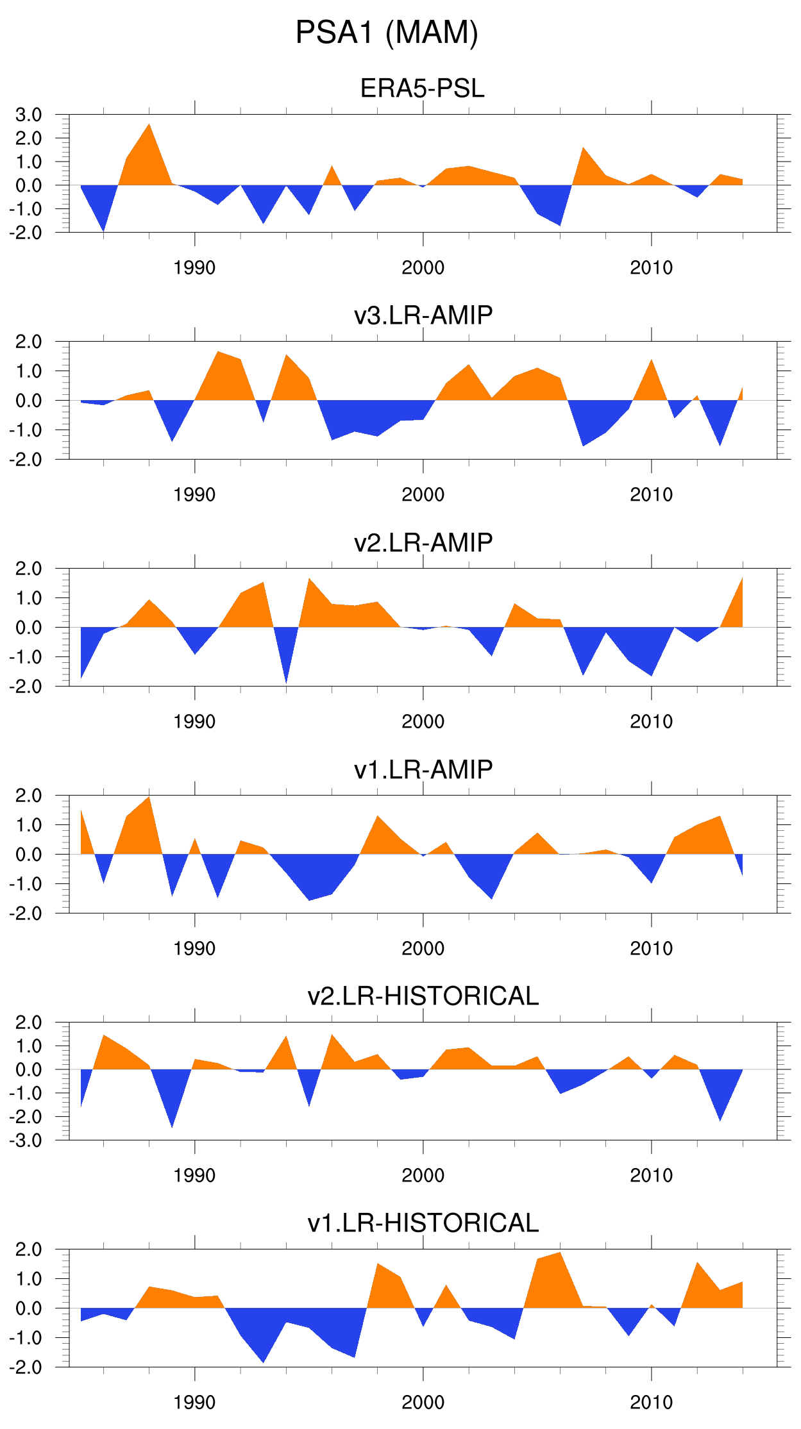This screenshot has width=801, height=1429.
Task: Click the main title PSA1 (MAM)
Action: (387, 33)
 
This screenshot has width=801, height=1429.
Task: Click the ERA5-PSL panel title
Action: (423, 88)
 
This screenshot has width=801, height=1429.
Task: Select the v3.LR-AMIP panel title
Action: (423, 315)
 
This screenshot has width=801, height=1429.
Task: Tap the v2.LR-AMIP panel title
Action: (423, 542)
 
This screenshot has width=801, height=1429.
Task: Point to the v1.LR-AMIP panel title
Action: (423, 769)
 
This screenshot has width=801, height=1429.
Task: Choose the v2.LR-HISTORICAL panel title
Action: (423, 996)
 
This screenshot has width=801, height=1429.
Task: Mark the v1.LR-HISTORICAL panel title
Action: (423, 1223)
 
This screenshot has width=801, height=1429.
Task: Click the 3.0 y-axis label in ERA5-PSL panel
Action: (29, 115)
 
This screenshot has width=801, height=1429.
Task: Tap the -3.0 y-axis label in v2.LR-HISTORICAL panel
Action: (26, 1141)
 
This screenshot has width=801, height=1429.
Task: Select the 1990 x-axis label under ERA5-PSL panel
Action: (194, 268)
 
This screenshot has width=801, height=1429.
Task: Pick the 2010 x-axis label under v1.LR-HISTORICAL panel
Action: (652, 1403)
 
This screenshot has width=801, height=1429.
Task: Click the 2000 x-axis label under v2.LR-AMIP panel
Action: (423, 722)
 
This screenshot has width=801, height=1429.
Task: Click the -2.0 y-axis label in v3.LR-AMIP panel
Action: (26, 460)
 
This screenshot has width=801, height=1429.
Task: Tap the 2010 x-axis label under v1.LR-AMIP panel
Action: (652, 949)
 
